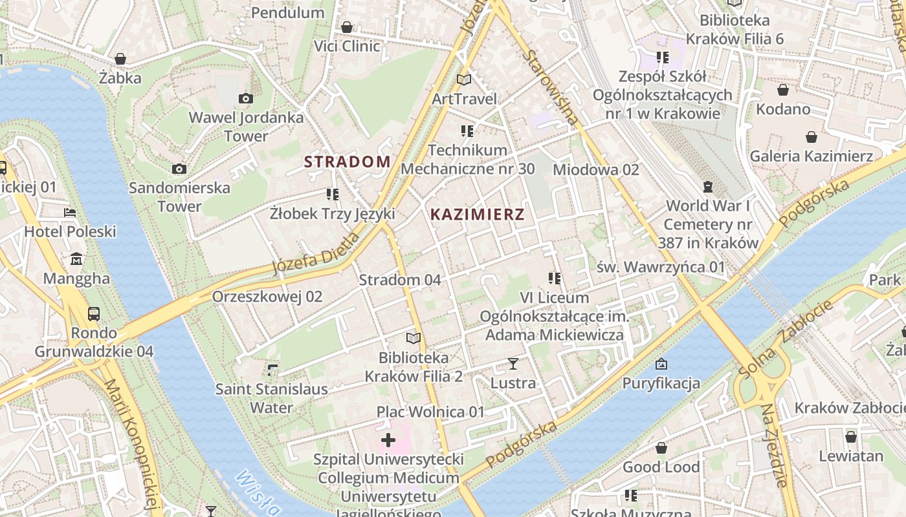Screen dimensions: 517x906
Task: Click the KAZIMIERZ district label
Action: coord(477,215)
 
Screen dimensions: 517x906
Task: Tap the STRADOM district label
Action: coord(348,162)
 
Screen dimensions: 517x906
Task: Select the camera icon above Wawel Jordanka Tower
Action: coord(246,99)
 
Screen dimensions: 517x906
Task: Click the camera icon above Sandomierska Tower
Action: coord(179,169)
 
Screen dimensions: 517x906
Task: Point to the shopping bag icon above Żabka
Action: coord(120,59)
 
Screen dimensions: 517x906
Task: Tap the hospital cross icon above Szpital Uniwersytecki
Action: coord(388,441)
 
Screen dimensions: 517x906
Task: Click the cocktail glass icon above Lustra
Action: coord(513,364)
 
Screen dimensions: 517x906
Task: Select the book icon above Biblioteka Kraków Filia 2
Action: coord(414,338)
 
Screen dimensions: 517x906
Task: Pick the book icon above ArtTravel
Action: coord(464,79)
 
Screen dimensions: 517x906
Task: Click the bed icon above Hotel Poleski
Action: coord(70,213)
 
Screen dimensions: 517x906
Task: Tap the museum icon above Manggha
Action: coord(76,259)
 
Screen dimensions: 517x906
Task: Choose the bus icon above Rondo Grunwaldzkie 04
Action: coord(94,314)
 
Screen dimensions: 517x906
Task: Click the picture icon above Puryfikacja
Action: coord(661,364)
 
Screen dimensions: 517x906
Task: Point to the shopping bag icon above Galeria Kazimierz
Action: coord(811,137)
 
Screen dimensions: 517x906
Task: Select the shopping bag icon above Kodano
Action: coord(783,90)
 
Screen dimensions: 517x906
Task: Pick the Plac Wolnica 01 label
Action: coord(430,412)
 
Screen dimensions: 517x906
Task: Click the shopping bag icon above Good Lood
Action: coord(661,448)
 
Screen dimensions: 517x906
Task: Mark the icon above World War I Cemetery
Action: coord(708,187)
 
